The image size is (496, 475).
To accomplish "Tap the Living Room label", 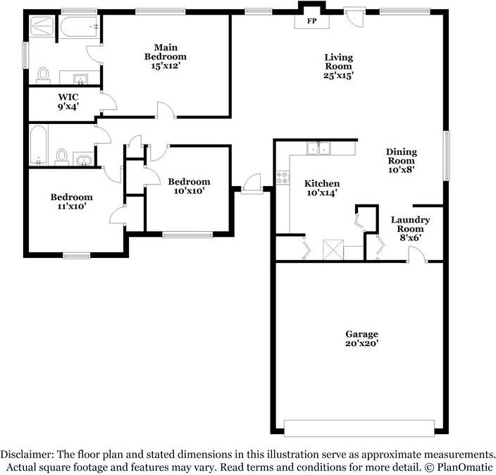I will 338,66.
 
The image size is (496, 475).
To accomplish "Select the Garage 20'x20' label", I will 361,339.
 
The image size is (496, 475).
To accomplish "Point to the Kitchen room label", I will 321,188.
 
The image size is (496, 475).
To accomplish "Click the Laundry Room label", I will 410,228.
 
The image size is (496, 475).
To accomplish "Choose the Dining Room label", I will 401,160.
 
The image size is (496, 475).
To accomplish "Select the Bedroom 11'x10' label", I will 71,202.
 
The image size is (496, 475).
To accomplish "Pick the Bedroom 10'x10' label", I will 188,186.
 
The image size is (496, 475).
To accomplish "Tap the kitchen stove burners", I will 284,178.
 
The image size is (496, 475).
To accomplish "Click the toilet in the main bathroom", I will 44,74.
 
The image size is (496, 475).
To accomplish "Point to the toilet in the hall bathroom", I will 62,155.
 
